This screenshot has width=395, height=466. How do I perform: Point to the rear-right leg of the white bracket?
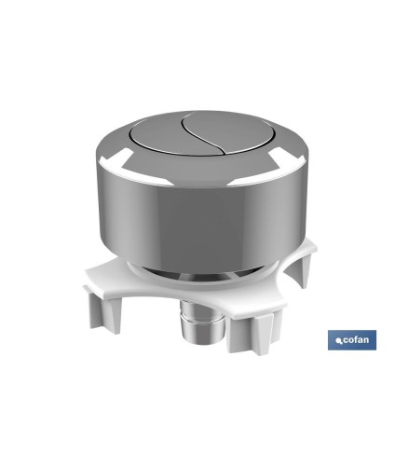point(297,273)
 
